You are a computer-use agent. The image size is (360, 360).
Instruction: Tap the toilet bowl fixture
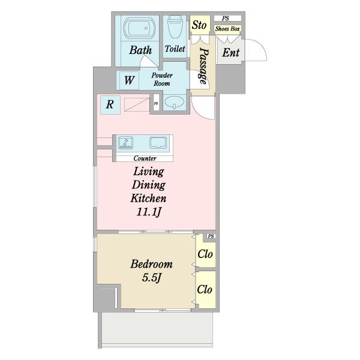[175, 26]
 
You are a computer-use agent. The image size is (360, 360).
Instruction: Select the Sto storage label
[199, 25]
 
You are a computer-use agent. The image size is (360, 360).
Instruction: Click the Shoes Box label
[227, 29]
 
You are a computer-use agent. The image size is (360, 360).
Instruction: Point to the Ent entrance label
[231, 53]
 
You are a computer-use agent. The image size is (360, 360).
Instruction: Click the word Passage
[203, 65]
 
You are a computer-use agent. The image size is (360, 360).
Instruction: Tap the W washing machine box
[129, 80]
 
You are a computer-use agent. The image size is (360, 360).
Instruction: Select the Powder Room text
[162, 79]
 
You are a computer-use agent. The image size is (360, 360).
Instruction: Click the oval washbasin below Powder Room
[175, 103]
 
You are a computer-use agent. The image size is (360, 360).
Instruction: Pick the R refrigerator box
[110, 105]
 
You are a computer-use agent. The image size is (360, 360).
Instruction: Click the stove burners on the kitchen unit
[125, 143]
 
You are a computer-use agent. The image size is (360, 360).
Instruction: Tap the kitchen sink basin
[158, 143]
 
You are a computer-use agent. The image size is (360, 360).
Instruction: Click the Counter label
[145, 158]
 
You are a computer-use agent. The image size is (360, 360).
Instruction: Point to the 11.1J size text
[149, 212]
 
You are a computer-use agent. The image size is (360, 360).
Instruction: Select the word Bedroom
[151, 264]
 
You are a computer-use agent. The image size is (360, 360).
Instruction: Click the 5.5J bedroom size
[151, 278]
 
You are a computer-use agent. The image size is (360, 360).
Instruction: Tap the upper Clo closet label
[205, 254]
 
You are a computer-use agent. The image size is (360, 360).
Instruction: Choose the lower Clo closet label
[205, 289]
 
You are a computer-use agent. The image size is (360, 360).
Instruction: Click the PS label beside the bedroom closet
[211, 236]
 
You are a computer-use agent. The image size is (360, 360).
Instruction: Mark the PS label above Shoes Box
[226, 18]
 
